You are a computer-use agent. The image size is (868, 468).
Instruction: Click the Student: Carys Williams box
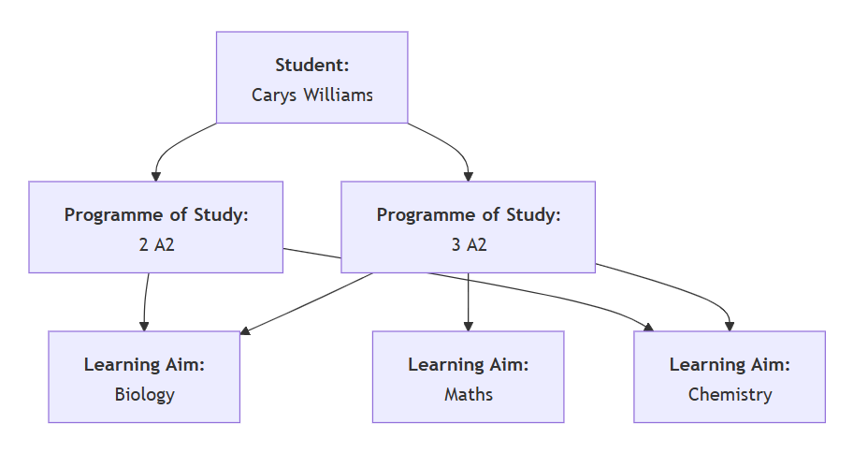(x=311, y=78)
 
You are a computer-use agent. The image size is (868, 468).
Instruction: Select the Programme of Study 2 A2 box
(x=155, y=227)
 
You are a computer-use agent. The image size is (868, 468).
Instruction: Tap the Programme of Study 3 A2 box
(x=468, y=227)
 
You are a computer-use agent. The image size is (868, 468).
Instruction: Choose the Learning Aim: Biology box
(x=144, y=377)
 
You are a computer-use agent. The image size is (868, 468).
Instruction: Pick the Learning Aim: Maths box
(x=468, y=377)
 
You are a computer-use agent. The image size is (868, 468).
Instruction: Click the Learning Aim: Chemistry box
(x=730, y=377)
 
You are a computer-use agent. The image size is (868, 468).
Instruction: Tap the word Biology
(x=144, y=394)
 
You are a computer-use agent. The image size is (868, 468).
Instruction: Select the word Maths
(x=468, y=394)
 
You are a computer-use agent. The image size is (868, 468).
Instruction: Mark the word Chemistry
(x=730, y=394)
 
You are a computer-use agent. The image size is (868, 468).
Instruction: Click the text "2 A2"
(x=155, y=244)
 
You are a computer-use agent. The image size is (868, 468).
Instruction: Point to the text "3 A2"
(x=468, y=244)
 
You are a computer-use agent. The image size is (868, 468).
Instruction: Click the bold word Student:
(x=311, y=65)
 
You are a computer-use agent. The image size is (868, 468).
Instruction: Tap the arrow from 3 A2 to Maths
(x=468, y=300)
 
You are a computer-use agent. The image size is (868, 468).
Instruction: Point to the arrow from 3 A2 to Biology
(x=309, y=302)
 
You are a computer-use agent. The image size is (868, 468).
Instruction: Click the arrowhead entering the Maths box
(x=468, y=326)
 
